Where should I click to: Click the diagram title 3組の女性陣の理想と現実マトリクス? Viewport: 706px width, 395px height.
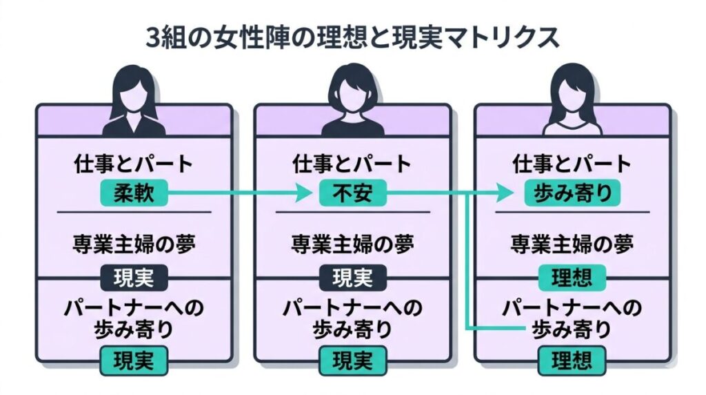(352, 37)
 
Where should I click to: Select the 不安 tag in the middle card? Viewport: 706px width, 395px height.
(353, 193)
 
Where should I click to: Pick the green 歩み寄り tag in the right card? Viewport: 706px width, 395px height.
(572, 193)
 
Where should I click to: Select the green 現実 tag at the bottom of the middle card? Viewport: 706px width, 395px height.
(353, 360)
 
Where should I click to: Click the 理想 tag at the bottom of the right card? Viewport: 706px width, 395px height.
(572, 360)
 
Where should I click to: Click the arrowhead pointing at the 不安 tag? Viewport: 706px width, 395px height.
(303, 194)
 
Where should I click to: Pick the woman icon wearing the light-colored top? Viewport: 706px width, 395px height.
(572, 100)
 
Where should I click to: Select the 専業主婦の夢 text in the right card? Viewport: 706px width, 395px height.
(572, 244)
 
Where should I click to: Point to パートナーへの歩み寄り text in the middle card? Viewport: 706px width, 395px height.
(353, 317)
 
